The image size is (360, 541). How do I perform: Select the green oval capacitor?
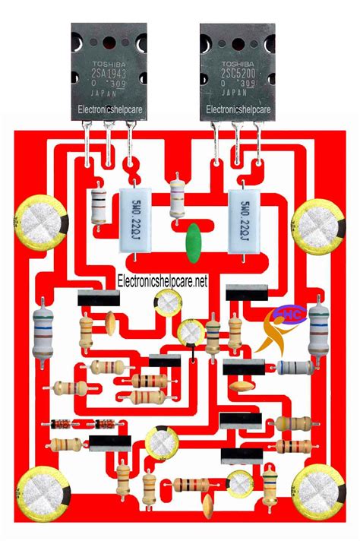[x=195, y=236]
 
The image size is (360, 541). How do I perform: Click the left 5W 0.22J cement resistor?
[x=134, y=221]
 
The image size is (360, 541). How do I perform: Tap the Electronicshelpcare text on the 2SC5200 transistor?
[x=237, y=110]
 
